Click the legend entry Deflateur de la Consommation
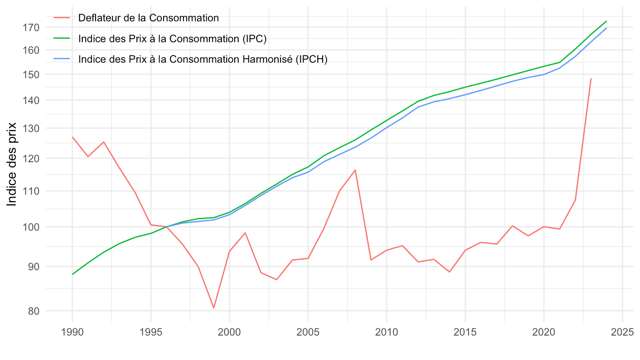(x=148, y=18)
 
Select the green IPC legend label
(x=172, y=39)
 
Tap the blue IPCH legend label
(x=203, y=59)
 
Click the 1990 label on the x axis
(x=72, y=332)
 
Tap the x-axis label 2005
(x=308, y=332)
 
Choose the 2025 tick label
(x=622, y=332)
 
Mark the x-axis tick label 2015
(x=465, y=332)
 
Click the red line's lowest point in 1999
(x=214, y=308)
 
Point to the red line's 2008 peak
(x=355, y=170)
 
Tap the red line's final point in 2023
(x=591, y=79)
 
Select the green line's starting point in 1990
(x=72, y=274)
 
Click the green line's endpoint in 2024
(x=606, y=21)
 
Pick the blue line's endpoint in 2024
(x=606, y=28)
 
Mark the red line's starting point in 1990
(x=72, y=137)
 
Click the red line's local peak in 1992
(x=104, y=142)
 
